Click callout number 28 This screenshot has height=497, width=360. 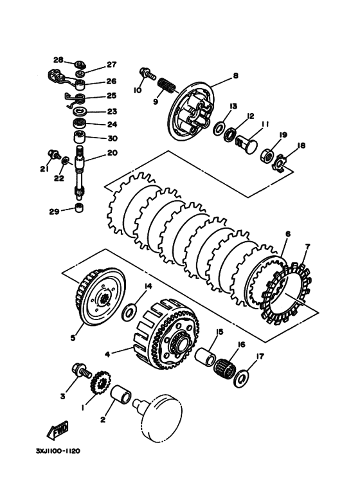[59, 60]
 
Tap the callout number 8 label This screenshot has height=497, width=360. [235, 76]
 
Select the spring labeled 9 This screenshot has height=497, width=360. [166, 84]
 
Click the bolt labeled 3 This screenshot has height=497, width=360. [82, 371]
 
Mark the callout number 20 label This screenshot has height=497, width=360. [112, 154]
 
